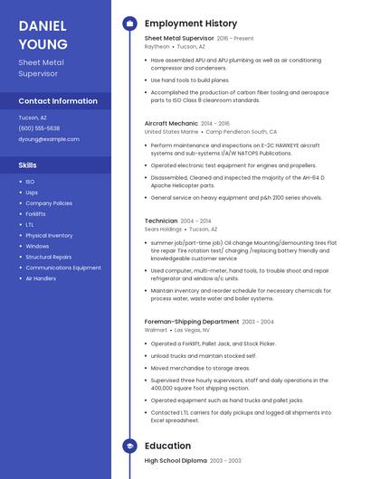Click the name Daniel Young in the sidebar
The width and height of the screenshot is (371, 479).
pyautogui.click(x=43, y=34)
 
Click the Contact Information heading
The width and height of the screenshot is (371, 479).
pyautogui.click(x=58, y=101)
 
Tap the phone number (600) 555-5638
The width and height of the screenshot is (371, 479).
pyautogui.click(x=39, y=128)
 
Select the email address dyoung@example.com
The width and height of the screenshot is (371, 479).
pyautogui.click(x=49, y=139)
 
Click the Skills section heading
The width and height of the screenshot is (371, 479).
pyautogui.click(x=28, y=165)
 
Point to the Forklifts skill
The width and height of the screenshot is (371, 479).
pyautogui.click(x=35, y=214)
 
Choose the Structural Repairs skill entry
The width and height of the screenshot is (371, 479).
pyautogui.click(x=49, y=257)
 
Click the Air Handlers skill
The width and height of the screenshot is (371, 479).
pyautogui.click(x=41, y=278)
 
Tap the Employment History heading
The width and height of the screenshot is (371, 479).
pyautogui.click(x=191, y=23)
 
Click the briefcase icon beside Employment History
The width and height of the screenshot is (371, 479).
pyautogui.click(x=129, y=23)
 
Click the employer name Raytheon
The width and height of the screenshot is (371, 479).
pyautogui.click(x=157, y=46)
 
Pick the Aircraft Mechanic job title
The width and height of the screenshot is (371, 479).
pyautogui.click(x=171, y=123)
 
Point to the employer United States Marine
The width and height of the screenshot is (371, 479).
pyautogui.click(x=171, y=131)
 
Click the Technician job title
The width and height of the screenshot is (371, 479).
pyautogui.click(x=161, y=221)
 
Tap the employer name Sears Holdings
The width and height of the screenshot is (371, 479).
pyautogui.click(x=163, y=229)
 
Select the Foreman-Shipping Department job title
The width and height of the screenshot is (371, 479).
pyautogui.click(x=192, y=322)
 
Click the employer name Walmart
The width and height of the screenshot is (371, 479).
pyautogui.click(x=156, y=330)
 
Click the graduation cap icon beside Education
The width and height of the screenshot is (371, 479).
pyautogui.click(x=129, y=446)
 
